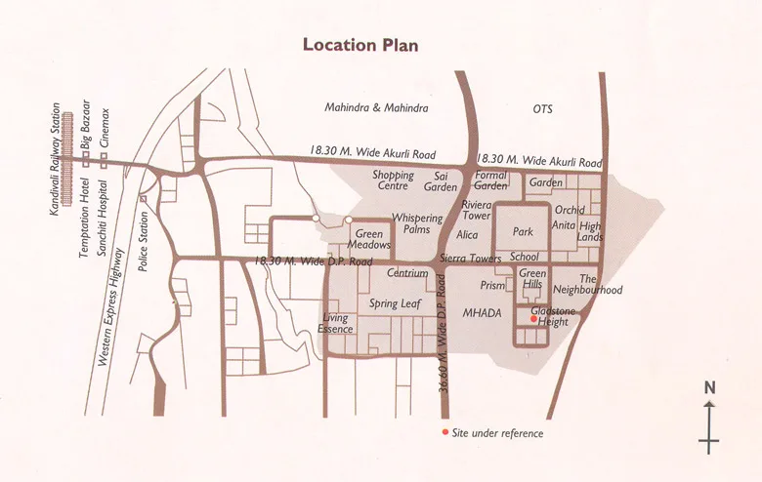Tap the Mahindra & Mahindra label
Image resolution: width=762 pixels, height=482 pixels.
coord(376,107)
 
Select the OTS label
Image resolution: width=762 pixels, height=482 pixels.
coord(542,108)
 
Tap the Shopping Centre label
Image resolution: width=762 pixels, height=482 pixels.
coord(393,181)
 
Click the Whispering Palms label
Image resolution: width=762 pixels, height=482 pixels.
coord(417,224)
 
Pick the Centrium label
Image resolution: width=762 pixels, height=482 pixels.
coord(407,274)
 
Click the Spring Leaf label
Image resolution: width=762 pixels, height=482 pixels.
coord(395,303)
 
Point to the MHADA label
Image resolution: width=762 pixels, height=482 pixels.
coord(482,313)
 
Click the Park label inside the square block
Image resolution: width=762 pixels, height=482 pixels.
coord(523,233)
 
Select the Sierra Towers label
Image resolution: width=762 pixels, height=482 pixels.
coord(472,258)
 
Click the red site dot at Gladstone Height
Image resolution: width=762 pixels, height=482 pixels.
coord(532,319)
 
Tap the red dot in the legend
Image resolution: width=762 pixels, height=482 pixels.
coord(444,432)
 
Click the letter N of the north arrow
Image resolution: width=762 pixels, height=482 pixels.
coord(710,387)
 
